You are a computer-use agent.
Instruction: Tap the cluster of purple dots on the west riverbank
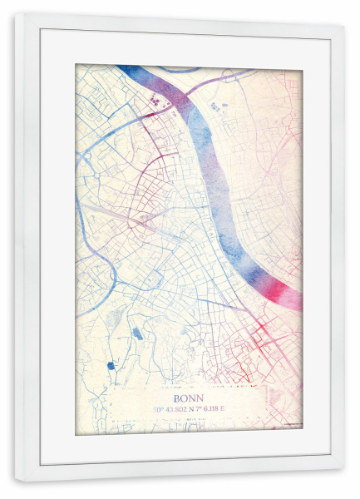[155, 101]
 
